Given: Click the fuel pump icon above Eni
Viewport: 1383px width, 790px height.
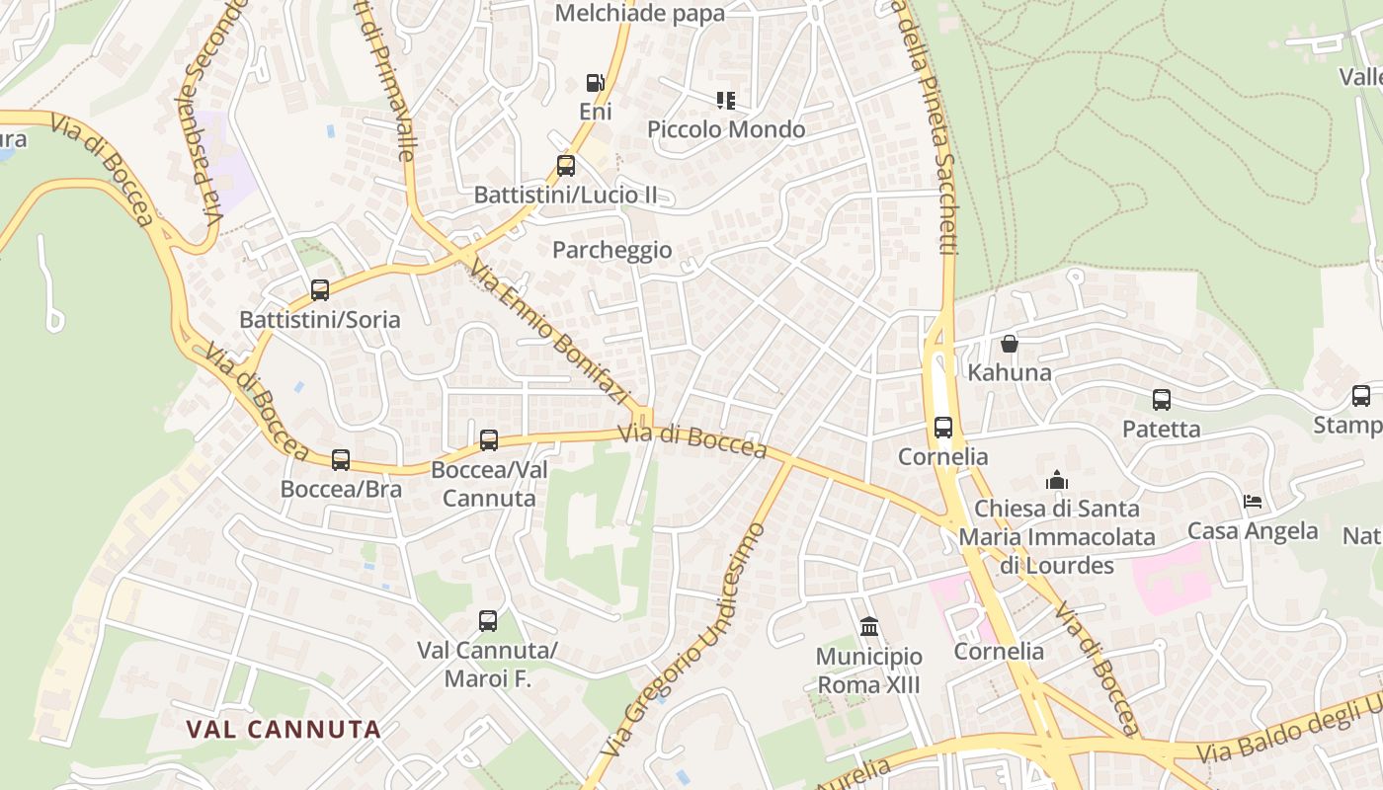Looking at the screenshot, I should click(595, 83).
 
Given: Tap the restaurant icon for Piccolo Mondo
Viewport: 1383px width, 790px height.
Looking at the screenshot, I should click(726, 100).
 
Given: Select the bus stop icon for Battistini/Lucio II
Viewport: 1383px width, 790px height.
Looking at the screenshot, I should click(565, 165).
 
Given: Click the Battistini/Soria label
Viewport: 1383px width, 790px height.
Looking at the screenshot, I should click(320, 320).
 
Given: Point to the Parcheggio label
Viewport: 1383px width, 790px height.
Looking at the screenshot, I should click(611, 250).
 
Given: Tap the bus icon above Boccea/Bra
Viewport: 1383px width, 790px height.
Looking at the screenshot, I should click(341, 459).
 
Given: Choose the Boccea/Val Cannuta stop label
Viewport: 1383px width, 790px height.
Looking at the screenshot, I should click(489, 483).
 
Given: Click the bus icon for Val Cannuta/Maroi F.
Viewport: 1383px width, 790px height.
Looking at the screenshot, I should click(488, 620).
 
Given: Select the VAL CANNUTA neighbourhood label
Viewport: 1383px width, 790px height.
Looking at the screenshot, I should click(284, 730).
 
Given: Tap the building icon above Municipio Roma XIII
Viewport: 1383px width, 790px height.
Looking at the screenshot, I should click(869, 626).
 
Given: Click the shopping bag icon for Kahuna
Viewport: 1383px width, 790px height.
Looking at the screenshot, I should click(1009, 344).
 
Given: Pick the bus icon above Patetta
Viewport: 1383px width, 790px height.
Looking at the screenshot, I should click(1161, 400).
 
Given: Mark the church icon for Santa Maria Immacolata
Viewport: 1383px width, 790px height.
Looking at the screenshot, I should click(1057, 480).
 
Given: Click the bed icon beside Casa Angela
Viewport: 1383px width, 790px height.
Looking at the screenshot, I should click(1253, 502).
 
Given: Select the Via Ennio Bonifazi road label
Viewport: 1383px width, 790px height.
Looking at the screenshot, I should click(549, 332).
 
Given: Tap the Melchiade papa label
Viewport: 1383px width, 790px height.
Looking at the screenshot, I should click(639, 14).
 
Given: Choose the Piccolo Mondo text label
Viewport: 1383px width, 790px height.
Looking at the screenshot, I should click(726, 129).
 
